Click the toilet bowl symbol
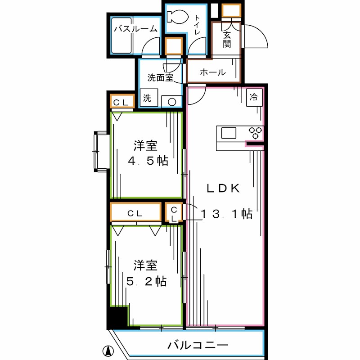point(177,17)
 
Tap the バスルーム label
point(136,29)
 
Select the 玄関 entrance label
point(227,39)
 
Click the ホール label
point(213,72)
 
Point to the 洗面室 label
point(160,77)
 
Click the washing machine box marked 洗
point(149,98)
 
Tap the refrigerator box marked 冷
point(254,97)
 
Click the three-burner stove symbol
point(256,133)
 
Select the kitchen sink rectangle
point(229,133)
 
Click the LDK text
point(223,189)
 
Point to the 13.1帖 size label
point(227,214)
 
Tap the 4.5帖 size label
point(148,161)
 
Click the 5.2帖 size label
point(147,281)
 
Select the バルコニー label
point(198,345)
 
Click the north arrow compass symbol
point(108,351)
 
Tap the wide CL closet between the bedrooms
point(135,212)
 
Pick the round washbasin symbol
point(172,102)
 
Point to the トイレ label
point(197,25)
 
